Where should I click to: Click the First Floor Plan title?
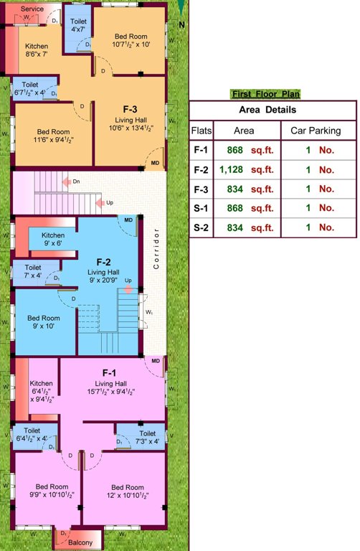pos(265,94)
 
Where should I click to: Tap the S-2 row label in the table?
pos(202,227)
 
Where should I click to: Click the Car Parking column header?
pos(315,131)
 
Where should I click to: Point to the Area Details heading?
pos(273,110)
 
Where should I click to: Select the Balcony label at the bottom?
pos(80,543)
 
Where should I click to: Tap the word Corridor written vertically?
pos(156,248)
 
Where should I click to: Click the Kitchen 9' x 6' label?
pos(53,240)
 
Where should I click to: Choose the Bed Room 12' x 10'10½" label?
pos(128,492)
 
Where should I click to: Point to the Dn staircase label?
pos(76,182)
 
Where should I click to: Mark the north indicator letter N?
pos(181,24)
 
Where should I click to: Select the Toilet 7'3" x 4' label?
pos(146,437)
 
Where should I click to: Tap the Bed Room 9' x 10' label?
pos(44,322)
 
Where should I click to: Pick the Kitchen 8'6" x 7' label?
pos(36,50)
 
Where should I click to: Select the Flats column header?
pos(202,131)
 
